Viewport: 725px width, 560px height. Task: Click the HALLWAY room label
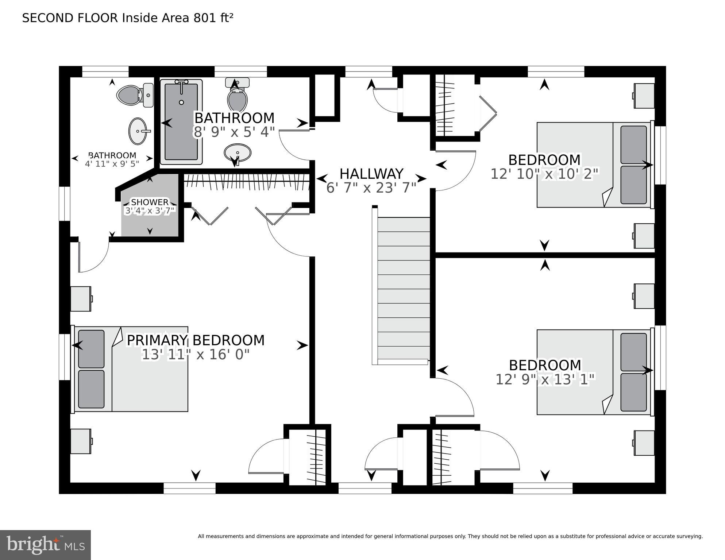point(371,174)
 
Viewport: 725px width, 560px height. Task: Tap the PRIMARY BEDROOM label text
point(195,340)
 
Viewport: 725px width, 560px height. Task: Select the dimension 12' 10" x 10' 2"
point(544,174)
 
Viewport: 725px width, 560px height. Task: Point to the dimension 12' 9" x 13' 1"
point(545,379)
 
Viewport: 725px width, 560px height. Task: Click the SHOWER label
point(150,202)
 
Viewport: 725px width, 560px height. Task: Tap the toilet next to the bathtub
point(237,95)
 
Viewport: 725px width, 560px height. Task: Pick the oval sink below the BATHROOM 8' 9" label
point(238,153)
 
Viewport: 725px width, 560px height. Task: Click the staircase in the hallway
point(403,288)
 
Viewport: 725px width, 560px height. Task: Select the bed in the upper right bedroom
point(594,165)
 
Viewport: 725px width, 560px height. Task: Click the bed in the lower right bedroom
point(594,372)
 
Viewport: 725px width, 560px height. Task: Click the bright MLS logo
point(45,545)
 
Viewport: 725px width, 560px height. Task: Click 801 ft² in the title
point(213,18)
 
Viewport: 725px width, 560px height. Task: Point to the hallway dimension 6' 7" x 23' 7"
point(371,188)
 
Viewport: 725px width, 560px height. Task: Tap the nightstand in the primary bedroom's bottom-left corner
point(81,441)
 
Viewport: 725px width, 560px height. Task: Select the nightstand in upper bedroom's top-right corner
point(644,96)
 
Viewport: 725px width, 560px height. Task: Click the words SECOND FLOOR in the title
point(70,18)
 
